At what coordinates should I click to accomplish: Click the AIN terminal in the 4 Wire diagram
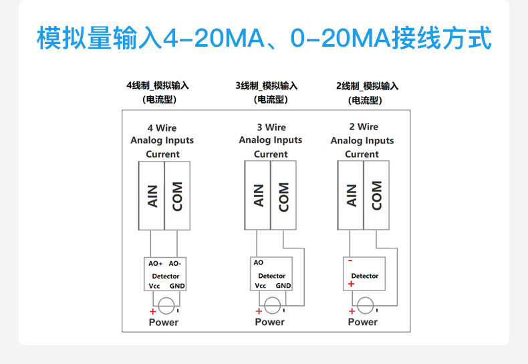[152, 195]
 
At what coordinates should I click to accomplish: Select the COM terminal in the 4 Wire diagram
[177, 195]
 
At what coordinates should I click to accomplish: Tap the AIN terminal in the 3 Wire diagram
[259, 195]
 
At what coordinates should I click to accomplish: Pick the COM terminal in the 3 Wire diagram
[283, 195]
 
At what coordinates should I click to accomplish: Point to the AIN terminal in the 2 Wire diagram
[352, 195]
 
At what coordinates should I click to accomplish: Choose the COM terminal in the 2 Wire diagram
[376, 195]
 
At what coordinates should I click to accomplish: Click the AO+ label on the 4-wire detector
[156, 264]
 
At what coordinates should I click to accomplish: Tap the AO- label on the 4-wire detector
[175, 264]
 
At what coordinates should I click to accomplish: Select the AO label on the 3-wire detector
[259, 262]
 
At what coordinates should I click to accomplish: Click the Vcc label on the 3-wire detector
[261, 286]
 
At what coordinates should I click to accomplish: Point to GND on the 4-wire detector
[177, 286]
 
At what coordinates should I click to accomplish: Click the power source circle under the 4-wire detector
[165, 307]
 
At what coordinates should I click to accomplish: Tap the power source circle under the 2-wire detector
[364, 307]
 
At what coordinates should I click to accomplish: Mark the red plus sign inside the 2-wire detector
[351, 285]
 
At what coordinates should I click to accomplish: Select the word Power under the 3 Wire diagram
[270, 322]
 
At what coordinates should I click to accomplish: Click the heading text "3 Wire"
[271, 128]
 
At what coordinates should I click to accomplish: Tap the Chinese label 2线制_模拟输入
[367, 86]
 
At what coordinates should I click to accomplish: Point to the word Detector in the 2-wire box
[365, 276]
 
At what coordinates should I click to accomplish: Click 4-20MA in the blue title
[210, 39]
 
